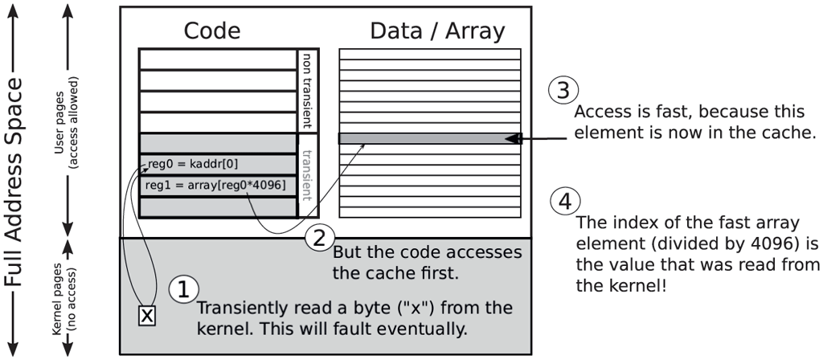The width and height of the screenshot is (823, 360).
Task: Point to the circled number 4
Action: (x=566, y=202)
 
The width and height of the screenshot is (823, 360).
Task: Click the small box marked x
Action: (x=147, y=316)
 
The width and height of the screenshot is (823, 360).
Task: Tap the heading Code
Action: (x=212, y=31)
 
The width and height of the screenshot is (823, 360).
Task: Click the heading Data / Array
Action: (x=437, y=31)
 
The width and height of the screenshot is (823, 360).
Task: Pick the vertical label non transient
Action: (x=305, y=91)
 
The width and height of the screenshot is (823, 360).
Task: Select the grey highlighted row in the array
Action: (x=426, y=138)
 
